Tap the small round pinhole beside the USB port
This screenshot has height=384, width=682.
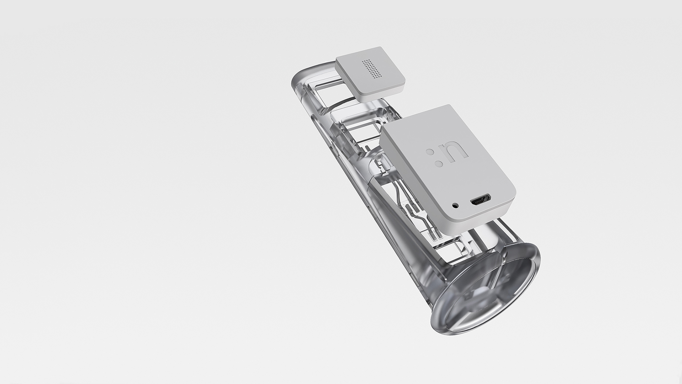click(455, 205)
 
